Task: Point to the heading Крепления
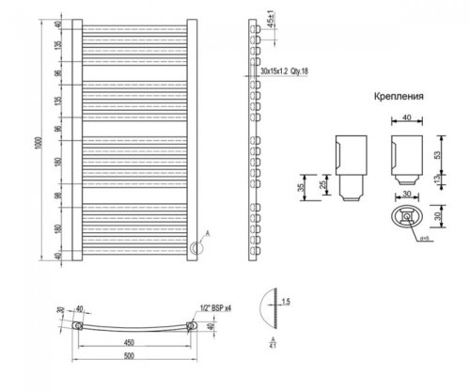[396, 96]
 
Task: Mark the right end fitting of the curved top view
[193, 326]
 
